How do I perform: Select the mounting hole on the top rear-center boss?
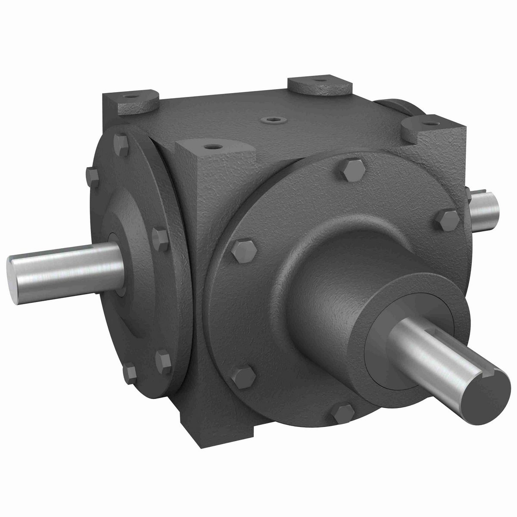[318, 80]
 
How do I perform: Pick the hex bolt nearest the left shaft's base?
[159, 236]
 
